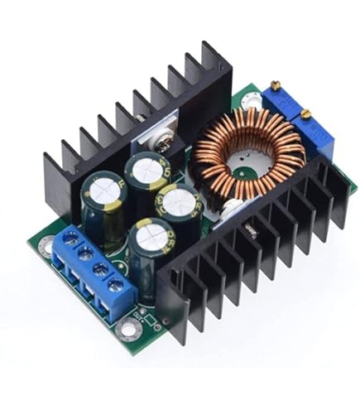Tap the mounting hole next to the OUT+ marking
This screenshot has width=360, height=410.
click(x=128, y=329)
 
